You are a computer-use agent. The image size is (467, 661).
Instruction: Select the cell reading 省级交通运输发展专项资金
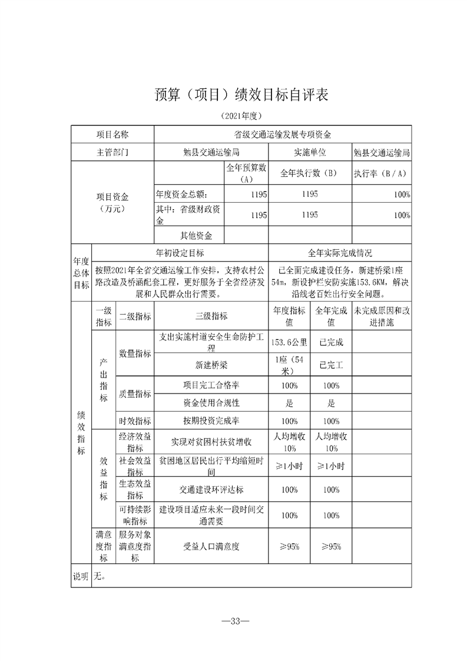coord(282,134)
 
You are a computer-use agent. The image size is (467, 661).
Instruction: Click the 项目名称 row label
coord(112,134)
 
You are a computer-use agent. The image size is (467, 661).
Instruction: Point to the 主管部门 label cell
coord(112,152)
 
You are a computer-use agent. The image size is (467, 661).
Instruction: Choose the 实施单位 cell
coord(310,152)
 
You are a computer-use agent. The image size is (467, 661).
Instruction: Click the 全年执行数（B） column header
coord(310,173)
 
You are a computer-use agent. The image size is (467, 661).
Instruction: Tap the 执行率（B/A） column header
coord(381,173)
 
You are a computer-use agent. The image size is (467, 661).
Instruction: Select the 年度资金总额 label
coord(181,194)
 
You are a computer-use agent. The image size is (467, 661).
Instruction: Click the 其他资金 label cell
coord(196,236)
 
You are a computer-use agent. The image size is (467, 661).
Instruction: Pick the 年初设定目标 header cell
coord(180,253)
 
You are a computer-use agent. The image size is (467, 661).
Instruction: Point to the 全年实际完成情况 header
coord(340,253)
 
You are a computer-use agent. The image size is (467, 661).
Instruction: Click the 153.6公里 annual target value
coord(289,342)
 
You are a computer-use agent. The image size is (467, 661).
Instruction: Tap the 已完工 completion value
coord(331,364)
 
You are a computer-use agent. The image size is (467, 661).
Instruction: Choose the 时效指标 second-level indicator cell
coord(135,421)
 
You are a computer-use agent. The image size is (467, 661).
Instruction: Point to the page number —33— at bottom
coord(233,621)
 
